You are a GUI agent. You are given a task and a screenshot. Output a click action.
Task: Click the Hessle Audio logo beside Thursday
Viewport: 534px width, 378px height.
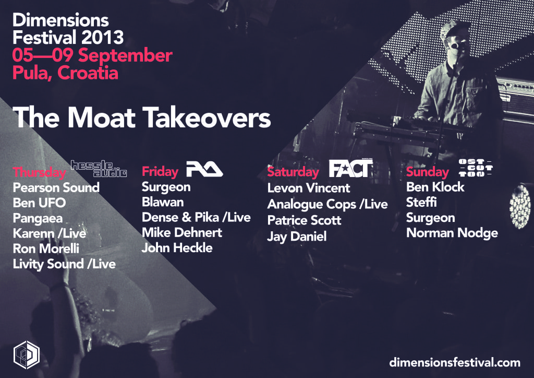(x=99, y=169)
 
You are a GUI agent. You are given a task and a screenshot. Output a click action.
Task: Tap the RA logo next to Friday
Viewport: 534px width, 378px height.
(x=204, y=169)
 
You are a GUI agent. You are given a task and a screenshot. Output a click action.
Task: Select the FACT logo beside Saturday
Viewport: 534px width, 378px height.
(x=351, y=168)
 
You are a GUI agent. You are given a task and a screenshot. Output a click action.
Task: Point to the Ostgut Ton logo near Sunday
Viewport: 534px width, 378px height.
(x=476, y=168)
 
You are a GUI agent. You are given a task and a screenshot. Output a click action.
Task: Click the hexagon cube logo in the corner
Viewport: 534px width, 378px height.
(x=27, y=355)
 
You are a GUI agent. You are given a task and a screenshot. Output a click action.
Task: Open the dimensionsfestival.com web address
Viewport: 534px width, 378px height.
(x=455, y=362)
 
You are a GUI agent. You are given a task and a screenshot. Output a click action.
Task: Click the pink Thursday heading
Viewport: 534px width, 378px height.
(x=39, y=172)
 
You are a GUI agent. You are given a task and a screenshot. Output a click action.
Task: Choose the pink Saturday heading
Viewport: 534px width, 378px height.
(x=293, y=172)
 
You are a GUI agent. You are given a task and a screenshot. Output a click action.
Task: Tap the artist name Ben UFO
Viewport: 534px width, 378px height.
(x=39, y=203)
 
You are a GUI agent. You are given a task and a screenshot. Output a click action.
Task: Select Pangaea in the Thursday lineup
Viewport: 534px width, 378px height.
(x=38, y=218)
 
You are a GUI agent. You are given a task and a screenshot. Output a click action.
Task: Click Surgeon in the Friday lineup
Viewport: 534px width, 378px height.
(x=166, y=187)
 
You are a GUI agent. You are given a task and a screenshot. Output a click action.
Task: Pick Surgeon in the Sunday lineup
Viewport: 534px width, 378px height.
(x=430, y=218)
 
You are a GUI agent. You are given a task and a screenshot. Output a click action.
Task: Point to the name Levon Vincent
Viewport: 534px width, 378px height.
(x=309, y=188)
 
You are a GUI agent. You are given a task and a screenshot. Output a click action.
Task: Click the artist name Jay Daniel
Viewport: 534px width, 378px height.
(x=297, y=237)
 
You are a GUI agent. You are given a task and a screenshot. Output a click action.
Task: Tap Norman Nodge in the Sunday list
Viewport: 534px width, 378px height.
(x=452, y=233)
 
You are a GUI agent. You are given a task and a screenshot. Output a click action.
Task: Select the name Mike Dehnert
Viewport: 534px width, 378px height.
(x=182, y=232)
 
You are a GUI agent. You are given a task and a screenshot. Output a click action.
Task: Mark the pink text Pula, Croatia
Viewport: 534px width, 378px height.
(x=65, y=73)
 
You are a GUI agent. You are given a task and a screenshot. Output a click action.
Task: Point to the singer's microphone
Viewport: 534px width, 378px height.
(x=455, y=45)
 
